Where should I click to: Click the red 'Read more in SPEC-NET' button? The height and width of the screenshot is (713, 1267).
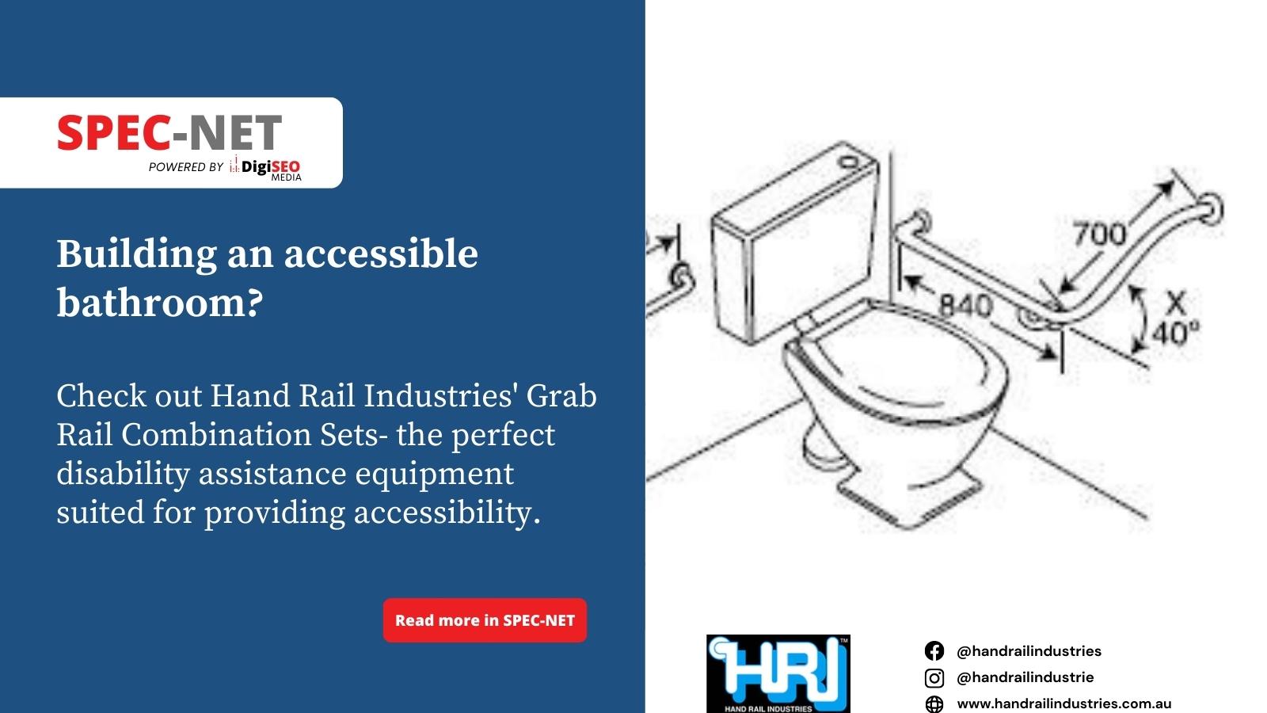[x=485, y=620]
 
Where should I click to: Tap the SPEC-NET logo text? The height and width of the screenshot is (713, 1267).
[x=169, y=132]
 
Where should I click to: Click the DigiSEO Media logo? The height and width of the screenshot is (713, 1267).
[x=265, y=169]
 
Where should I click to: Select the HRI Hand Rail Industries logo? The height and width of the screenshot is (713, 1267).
[x=778, y=673]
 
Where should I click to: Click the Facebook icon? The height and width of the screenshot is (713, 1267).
[x=934, y=650]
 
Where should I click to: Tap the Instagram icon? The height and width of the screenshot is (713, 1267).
[x=934, y=677]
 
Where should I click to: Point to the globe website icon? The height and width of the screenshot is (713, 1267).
[x=934, y=704]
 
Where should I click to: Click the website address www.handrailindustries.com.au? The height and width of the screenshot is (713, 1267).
[x=1064, y=704]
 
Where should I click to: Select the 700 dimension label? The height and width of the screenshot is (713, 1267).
[x=1100, y=234]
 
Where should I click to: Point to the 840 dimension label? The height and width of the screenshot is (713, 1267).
[x=965, y=306]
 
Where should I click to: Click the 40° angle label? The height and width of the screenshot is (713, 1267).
[x=1175, y=333]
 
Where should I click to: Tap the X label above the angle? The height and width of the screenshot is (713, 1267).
[x=1175, y=303]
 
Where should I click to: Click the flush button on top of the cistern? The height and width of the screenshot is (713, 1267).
[x=848, y=162]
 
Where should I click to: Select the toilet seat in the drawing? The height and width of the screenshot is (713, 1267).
[x=900, y=362]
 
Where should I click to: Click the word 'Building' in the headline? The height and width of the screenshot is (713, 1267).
[x=136, y=254]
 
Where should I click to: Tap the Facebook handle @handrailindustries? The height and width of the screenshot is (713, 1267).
[x=1029, y=651]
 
